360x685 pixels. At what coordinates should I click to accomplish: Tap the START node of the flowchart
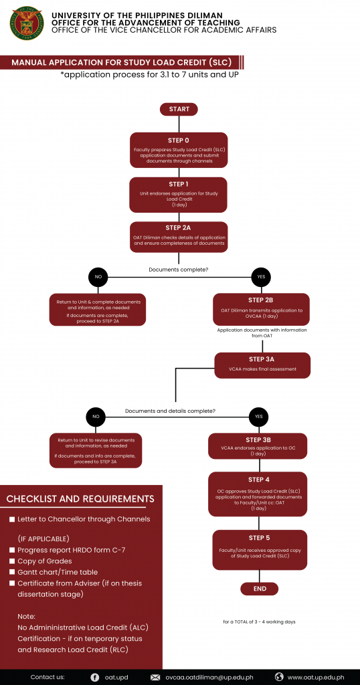[x=179, y=109]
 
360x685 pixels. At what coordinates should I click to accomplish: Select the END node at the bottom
[x=260, y=589]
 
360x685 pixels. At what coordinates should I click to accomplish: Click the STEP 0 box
[x=179, y=150]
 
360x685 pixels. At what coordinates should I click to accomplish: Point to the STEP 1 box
[x=179, y=195]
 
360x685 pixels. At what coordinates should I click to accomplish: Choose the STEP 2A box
[x=179, y=237]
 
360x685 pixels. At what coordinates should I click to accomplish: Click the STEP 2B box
[x=261, y=310]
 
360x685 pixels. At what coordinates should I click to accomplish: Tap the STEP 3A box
[x=261, y=365]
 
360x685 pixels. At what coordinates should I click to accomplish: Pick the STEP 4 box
[x=258, y=494]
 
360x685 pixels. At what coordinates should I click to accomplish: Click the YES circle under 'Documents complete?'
[x=261, y=277]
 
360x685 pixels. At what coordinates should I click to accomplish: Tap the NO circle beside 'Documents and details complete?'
[x=96, y=417]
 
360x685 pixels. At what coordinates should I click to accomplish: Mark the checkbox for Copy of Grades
[x=12, y=561]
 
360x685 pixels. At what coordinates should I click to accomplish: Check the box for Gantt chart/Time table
[x=12, y=573]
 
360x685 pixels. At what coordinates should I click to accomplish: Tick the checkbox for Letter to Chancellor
[x=12, y=520]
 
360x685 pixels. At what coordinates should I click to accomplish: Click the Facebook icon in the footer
[x=95, y=677]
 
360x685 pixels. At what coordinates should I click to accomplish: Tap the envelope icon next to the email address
[x=155, y=677]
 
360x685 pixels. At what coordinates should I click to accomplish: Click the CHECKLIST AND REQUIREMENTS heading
[x=80, y=499]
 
